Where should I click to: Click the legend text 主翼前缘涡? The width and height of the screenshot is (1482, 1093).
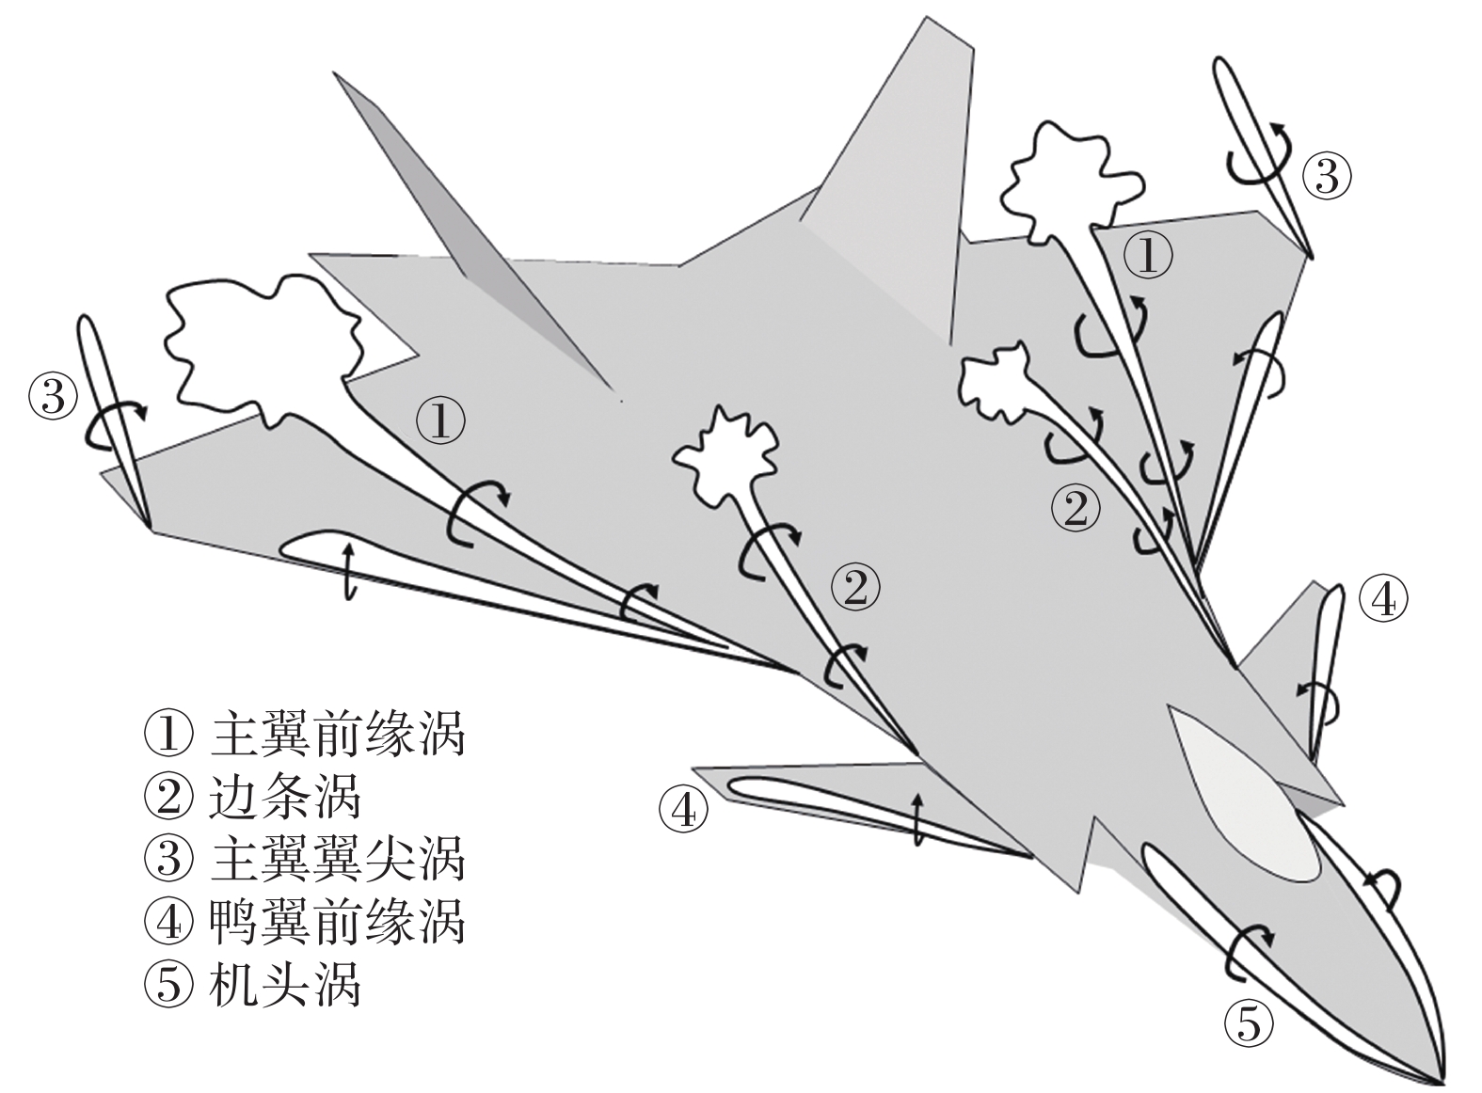(338, 735)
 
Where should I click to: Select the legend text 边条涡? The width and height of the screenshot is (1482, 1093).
(285, 798)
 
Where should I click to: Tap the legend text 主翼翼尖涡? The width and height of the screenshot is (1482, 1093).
(338, 860)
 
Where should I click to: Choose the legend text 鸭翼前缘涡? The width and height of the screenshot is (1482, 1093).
(338, 923)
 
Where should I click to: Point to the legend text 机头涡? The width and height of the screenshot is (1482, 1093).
(285, 986)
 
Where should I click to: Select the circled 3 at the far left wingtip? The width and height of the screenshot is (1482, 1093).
(53, 396)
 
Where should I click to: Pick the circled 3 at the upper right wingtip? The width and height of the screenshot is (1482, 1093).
(1327, 176)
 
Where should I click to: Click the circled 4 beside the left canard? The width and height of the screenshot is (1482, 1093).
(683, 810)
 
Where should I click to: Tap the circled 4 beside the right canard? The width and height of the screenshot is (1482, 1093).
(1384, 600)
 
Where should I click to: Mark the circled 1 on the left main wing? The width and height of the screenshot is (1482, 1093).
(440, 420)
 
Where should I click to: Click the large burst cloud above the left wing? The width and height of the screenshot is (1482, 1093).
(263, 343)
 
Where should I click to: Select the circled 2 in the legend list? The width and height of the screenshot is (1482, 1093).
(169, 798)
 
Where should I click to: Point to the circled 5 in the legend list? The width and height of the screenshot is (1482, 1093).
(169, 986)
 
